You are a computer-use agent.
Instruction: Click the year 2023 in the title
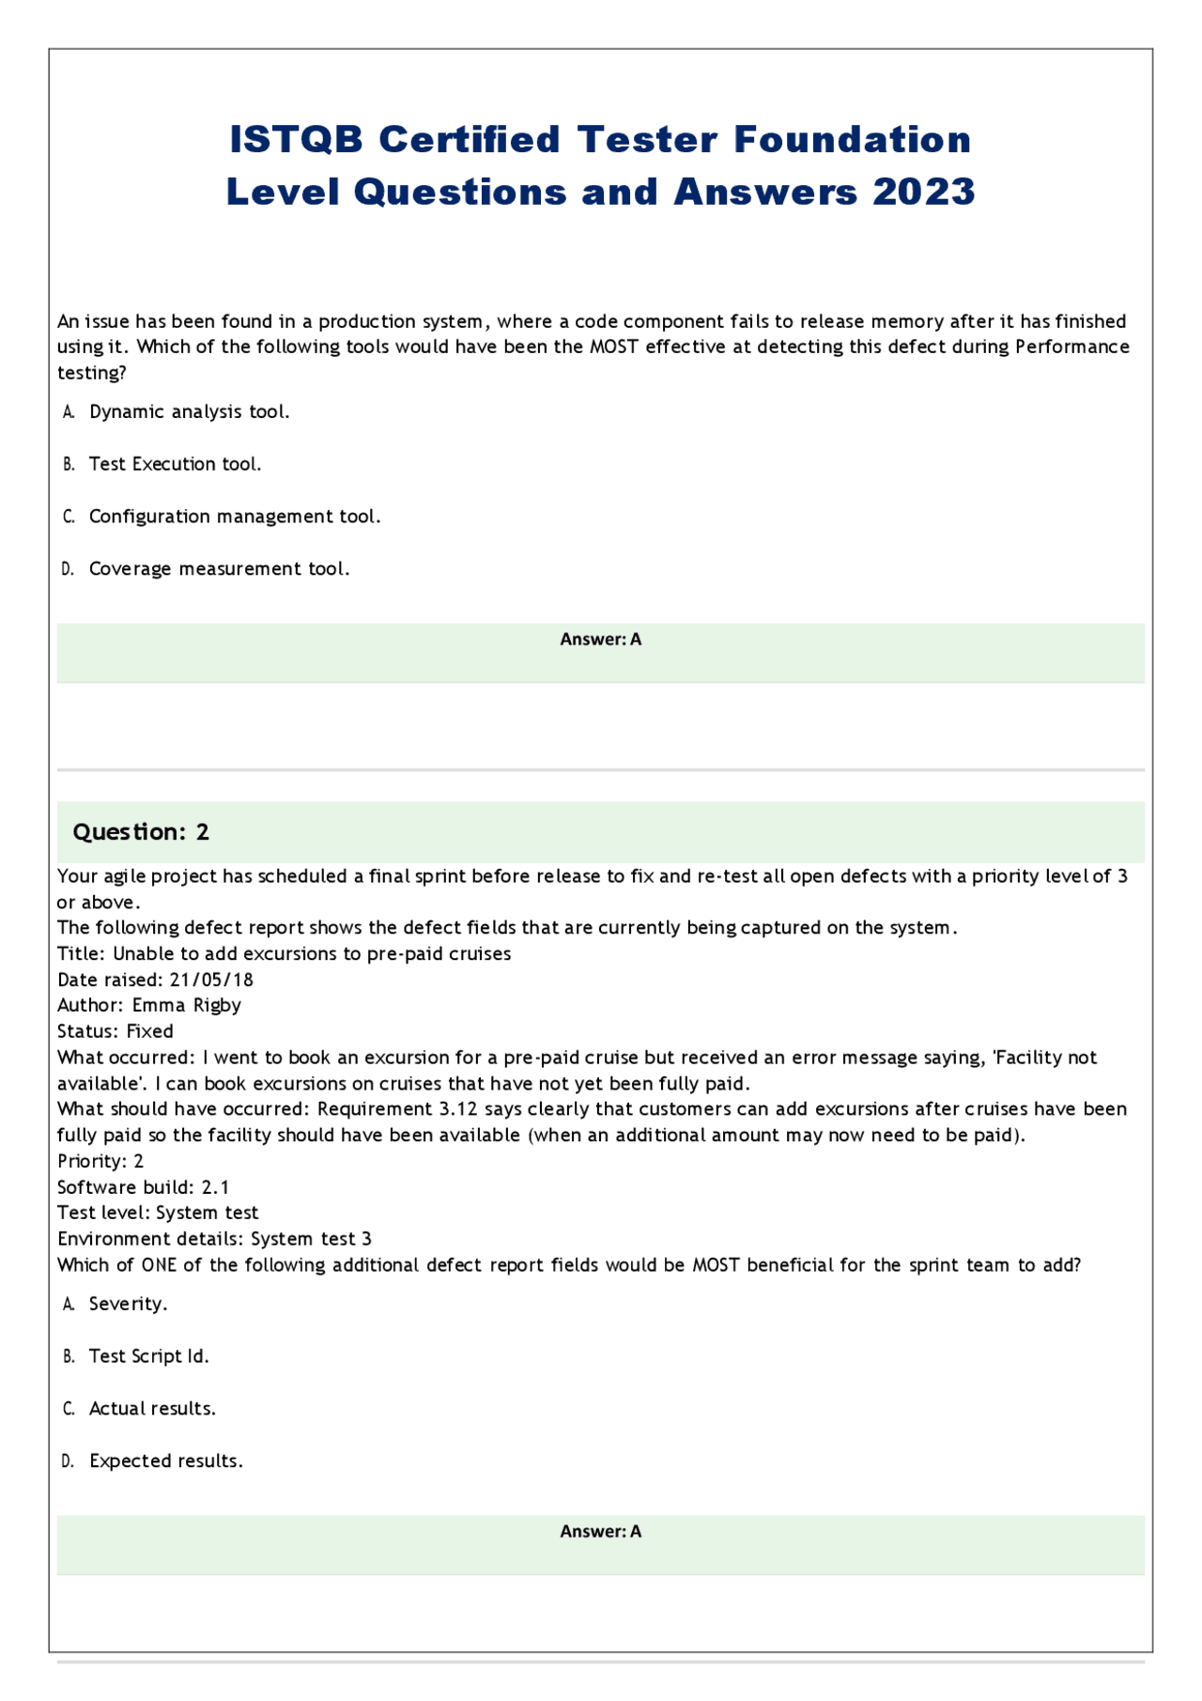coord(924,193)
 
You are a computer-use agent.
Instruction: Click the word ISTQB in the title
coord(297,140)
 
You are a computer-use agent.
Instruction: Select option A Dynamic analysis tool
coord(189,412)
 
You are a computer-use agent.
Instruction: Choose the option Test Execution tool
coord(175,464)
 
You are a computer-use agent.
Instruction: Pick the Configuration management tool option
coord(234,517)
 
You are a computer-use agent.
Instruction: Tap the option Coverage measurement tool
coord(219,569)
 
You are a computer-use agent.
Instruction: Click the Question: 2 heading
coord(141,832)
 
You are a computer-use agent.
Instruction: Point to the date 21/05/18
coord(211,980)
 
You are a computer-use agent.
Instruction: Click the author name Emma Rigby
coord(186,1005)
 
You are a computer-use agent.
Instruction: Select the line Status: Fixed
coord(116,1031)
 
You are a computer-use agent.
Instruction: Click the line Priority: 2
coord(100,1161)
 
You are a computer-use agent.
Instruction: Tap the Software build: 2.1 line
coord(143,1187)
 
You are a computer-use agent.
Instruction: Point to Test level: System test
coord(158,1213)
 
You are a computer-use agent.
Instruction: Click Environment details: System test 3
coord(214,1239)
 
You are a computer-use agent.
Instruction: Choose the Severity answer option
coord(128,1304)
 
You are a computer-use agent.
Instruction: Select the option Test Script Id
coord(148,1356)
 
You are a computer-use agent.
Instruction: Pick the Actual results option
coord(152,1409)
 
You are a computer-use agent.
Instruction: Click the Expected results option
coord(165,1461)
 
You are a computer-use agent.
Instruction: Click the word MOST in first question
coord(613,347)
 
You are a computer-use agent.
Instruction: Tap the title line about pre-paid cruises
coord(284,953)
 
